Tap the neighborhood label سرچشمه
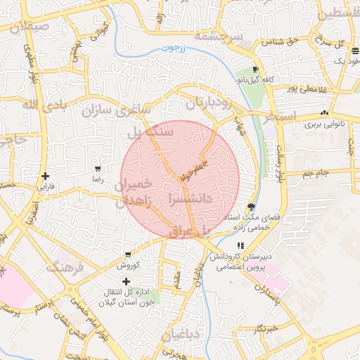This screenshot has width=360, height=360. click(x=218, y=36)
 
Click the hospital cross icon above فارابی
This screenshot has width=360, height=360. click(x=46, y=176)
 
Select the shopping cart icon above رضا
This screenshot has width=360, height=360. click(x=98, y=169)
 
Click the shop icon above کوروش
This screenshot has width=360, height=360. click(x=127, y=255)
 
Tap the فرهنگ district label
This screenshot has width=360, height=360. click(x=65, y=268)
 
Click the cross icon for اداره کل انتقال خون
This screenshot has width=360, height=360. click(x=127, y=281)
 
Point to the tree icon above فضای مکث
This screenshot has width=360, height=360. click(x=251, y=206)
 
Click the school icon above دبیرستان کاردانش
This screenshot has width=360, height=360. click(x=241, y=246)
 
